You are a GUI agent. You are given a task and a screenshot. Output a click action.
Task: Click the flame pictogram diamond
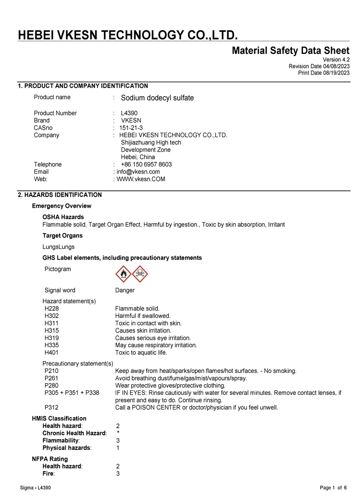tap(123, 274)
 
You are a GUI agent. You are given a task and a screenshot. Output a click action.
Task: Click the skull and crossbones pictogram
tap(140, 274)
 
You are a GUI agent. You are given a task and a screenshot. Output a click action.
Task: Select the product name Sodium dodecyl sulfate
tap(157, 98)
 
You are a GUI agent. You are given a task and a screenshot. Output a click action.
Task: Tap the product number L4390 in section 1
tap(129, 113)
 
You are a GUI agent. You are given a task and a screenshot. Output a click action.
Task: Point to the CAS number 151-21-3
tap(131, 128)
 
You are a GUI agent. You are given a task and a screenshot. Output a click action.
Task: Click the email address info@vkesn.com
tap(138, 172)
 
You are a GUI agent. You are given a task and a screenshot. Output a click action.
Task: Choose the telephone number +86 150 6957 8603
tap(146, 165)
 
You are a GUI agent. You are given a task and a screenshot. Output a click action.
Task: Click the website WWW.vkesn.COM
tap(141, 179)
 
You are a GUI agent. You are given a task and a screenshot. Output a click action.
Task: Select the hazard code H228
tap(51, 309)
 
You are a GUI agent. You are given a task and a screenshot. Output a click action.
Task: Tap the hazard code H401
tap(51, 353)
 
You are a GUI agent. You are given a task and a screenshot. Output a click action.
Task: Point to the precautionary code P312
tap(51, 408)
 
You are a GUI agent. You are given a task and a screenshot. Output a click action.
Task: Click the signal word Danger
tap(125, 290)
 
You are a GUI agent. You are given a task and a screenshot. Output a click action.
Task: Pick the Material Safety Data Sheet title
tap(291, 50)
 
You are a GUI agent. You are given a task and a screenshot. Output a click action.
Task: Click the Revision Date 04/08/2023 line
tap(319, 66)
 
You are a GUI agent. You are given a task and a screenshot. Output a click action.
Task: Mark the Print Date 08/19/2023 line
tap(323, 73)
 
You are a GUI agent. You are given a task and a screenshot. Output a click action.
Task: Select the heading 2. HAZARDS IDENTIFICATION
tap(60, 195)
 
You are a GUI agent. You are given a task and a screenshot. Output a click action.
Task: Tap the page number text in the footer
tap(333, 488)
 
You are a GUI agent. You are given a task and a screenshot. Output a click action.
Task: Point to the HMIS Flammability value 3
tap(118, 441)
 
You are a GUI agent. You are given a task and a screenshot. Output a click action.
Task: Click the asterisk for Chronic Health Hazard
tap(118, 433)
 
